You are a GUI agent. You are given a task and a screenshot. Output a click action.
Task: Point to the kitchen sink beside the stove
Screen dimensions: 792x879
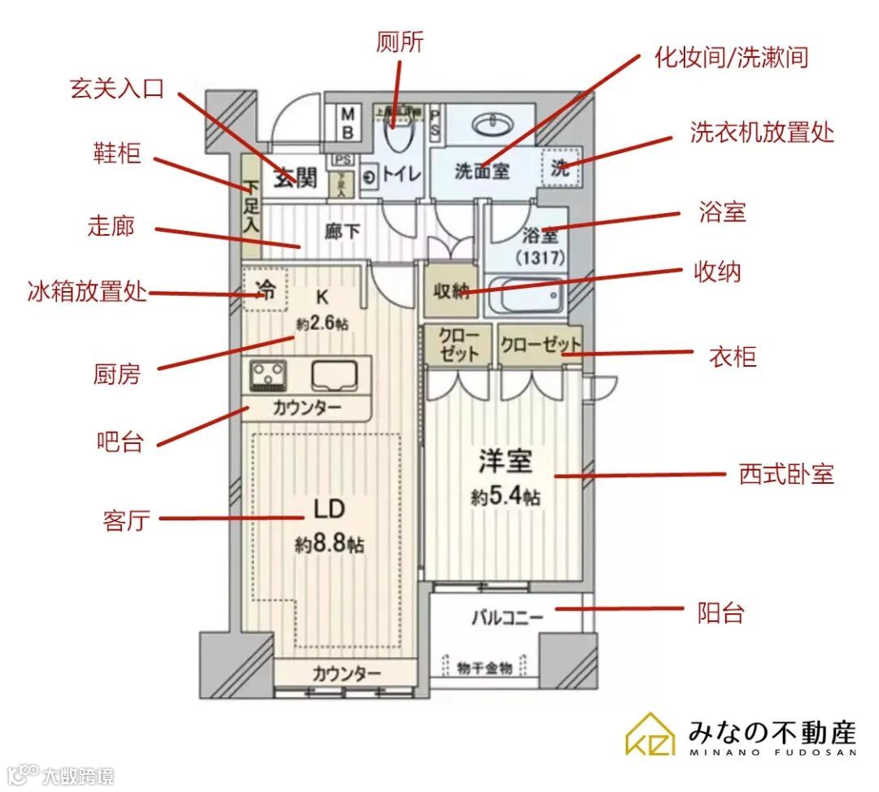[x=336, y=375]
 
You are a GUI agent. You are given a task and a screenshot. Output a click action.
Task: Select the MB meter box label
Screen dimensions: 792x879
[x=347, y=122]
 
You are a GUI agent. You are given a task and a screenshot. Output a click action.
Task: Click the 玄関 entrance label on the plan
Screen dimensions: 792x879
[x=294, y=176]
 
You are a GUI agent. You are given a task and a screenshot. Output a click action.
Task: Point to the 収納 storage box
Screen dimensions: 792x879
[x=450, y=290]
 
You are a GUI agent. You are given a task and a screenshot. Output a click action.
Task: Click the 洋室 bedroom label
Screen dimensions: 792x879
[x=505, y=463]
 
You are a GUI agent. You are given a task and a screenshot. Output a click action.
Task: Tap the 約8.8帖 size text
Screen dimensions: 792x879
[x=329, y=544]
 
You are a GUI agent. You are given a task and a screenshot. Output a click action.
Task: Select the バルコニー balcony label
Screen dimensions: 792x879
[x=506, y=619]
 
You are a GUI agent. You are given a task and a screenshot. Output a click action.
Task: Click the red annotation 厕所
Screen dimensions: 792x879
[x=400, y=41]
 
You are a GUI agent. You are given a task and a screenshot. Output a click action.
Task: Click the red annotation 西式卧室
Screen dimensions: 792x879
[x=786, y=474]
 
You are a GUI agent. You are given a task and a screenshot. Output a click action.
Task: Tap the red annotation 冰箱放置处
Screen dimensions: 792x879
[x=87, y=290]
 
